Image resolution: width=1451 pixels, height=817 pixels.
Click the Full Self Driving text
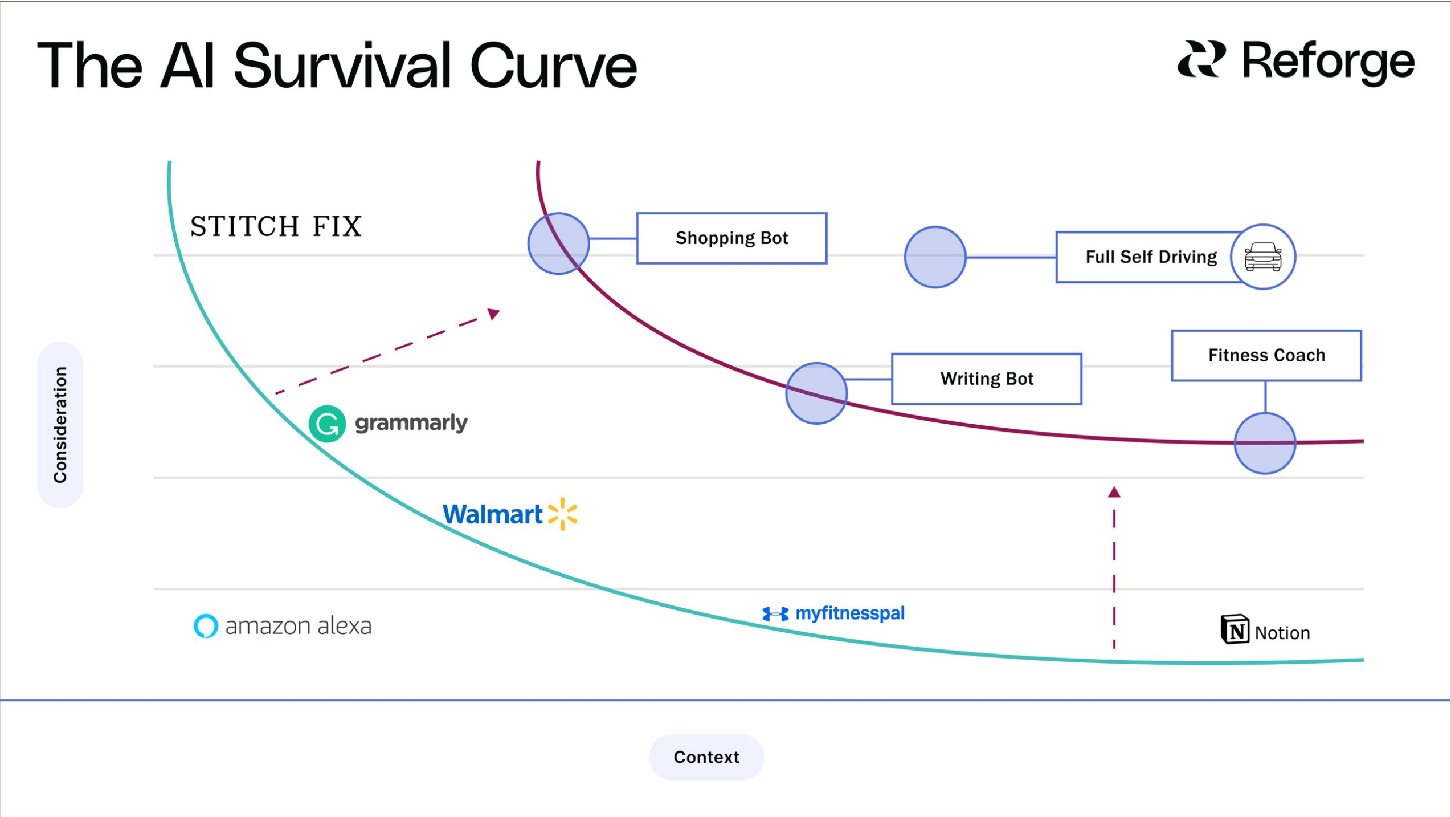click(1151, 257)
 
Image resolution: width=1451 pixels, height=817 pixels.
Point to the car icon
click(1263, 257)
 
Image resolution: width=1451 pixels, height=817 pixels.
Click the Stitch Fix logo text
click(276, 226)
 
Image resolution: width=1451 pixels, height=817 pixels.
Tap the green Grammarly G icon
click(327, 424)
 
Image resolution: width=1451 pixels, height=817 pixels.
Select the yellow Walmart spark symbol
click(562, 514)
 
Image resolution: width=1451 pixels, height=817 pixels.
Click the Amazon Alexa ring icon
click(206, 626)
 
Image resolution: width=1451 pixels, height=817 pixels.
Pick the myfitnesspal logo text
click(849, 613)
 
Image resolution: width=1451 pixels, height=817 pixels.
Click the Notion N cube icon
click(1235, 629)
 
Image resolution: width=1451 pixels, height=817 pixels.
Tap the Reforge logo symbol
click(1201, 59)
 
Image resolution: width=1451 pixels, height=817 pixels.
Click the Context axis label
click(706, 757)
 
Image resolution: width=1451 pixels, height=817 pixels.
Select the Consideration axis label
click(60, 425)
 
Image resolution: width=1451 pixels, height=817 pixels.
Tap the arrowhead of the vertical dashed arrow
click(1114, 492)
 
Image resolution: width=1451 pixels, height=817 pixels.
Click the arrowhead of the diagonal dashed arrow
click(494, 314)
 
